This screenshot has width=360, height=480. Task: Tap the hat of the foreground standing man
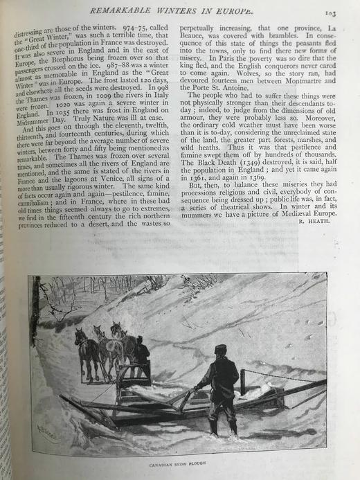(x=220, y=349)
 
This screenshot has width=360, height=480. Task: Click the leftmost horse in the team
(x=86, y=353)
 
